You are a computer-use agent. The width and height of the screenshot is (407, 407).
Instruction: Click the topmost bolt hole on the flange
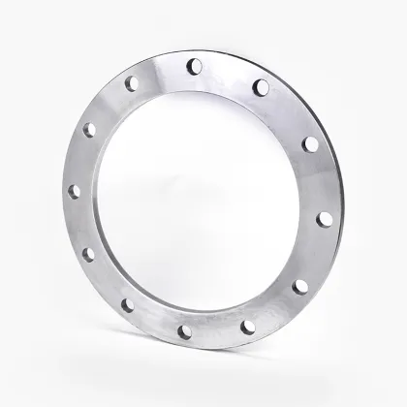point(193,67)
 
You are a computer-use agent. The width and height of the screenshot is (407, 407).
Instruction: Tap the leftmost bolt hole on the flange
point(73,191)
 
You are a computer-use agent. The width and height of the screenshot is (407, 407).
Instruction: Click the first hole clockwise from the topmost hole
point(260,87)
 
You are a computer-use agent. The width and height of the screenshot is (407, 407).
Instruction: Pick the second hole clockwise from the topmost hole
point(310,143)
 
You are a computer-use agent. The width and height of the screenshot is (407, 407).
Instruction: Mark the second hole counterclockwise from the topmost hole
point(90,128)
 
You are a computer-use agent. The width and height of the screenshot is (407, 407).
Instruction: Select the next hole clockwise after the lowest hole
point(128,305)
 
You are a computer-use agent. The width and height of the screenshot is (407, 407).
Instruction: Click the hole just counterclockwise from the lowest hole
point(250,326)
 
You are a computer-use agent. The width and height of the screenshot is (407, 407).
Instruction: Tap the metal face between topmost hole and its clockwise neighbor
point(227,74)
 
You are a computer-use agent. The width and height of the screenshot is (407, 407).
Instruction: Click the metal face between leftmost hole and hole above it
point(79,159)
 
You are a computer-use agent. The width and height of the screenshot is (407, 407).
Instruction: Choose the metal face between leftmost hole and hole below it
point(78,224)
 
